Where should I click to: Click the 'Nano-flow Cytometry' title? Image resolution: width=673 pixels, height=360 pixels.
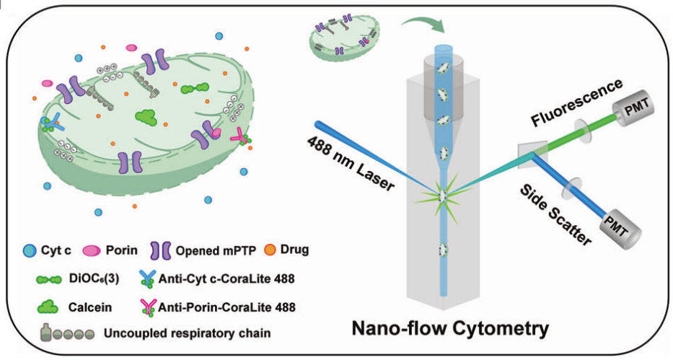click(449, 329)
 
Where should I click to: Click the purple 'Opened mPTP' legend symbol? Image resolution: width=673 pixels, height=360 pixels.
click(158, 250)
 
